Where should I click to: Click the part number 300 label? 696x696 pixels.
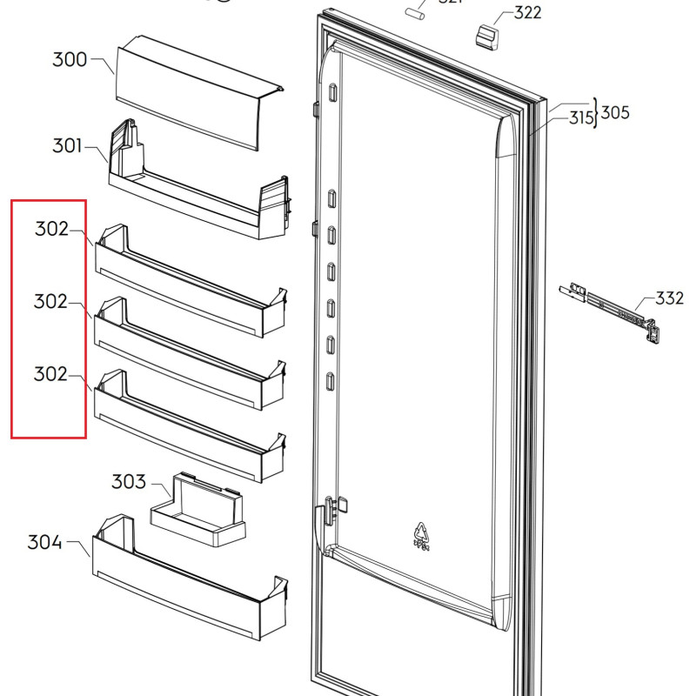point(70,60)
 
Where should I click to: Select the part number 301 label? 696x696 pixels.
point(67,145)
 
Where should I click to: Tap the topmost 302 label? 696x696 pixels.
point(51,230)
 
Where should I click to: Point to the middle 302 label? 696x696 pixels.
point(51,302)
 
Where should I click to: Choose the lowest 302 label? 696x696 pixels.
point(51,374)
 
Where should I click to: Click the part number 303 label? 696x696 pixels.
point(128,482)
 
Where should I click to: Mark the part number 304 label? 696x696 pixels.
point(44,543)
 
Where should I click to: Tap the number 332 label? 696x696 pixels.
point(669,299)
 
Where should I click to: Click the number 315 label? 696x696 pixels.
point(580,117)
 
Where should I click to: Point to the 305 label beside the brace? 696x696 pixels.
point(616,112)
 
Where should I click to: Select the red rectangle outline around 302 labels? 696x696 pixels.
point(11,318)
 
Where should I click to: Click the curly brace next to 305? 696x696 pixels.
point(597,113)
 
